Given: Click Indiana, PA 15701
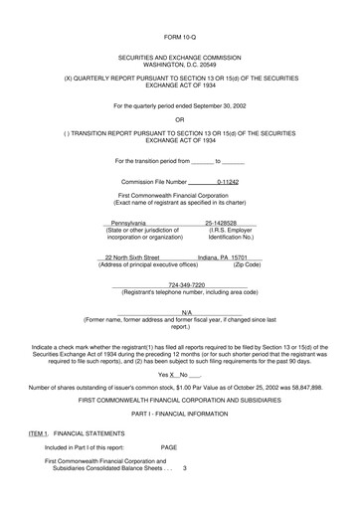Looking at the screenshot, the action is tap(223, 284).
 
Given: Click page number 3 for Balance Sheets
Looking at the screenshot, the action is tap(185, 496).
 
